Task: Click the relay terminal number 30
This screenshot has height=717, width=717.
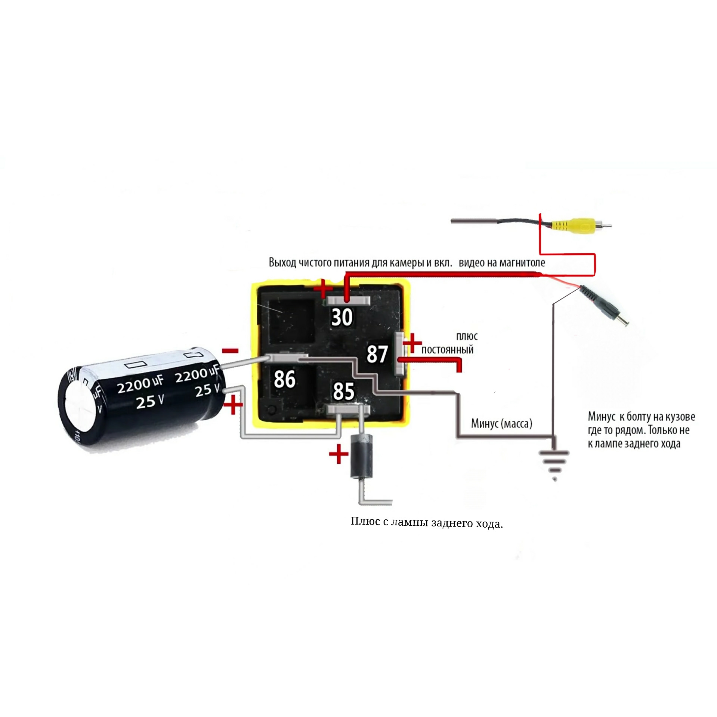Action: pos(342,318)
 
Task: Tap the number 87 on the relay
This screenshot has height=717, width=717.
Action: pos(377,354)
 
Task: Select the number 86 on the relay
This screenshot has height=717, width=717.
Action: pos(285,379)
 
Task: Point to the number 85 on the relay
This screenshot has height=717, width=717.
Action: pos(343,391)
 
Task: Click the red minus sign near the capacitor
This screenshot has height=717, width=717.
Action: pos(230,350)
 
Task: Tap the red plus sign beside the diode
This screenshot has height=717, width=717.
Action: pos(339,454)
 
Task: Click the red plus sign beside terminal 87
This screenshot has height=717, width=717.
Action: pos(412,343)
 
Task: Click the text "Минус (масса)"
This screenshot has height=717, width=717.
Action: pos(501,424)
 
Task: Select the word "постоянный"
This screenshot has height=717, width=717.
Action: pos(447,350)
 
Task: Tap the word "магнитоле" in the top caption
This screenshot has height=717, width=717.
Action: pos(522,263)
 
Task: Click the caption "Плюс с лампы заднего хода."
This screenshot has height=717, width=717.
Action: pos(427,523)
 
